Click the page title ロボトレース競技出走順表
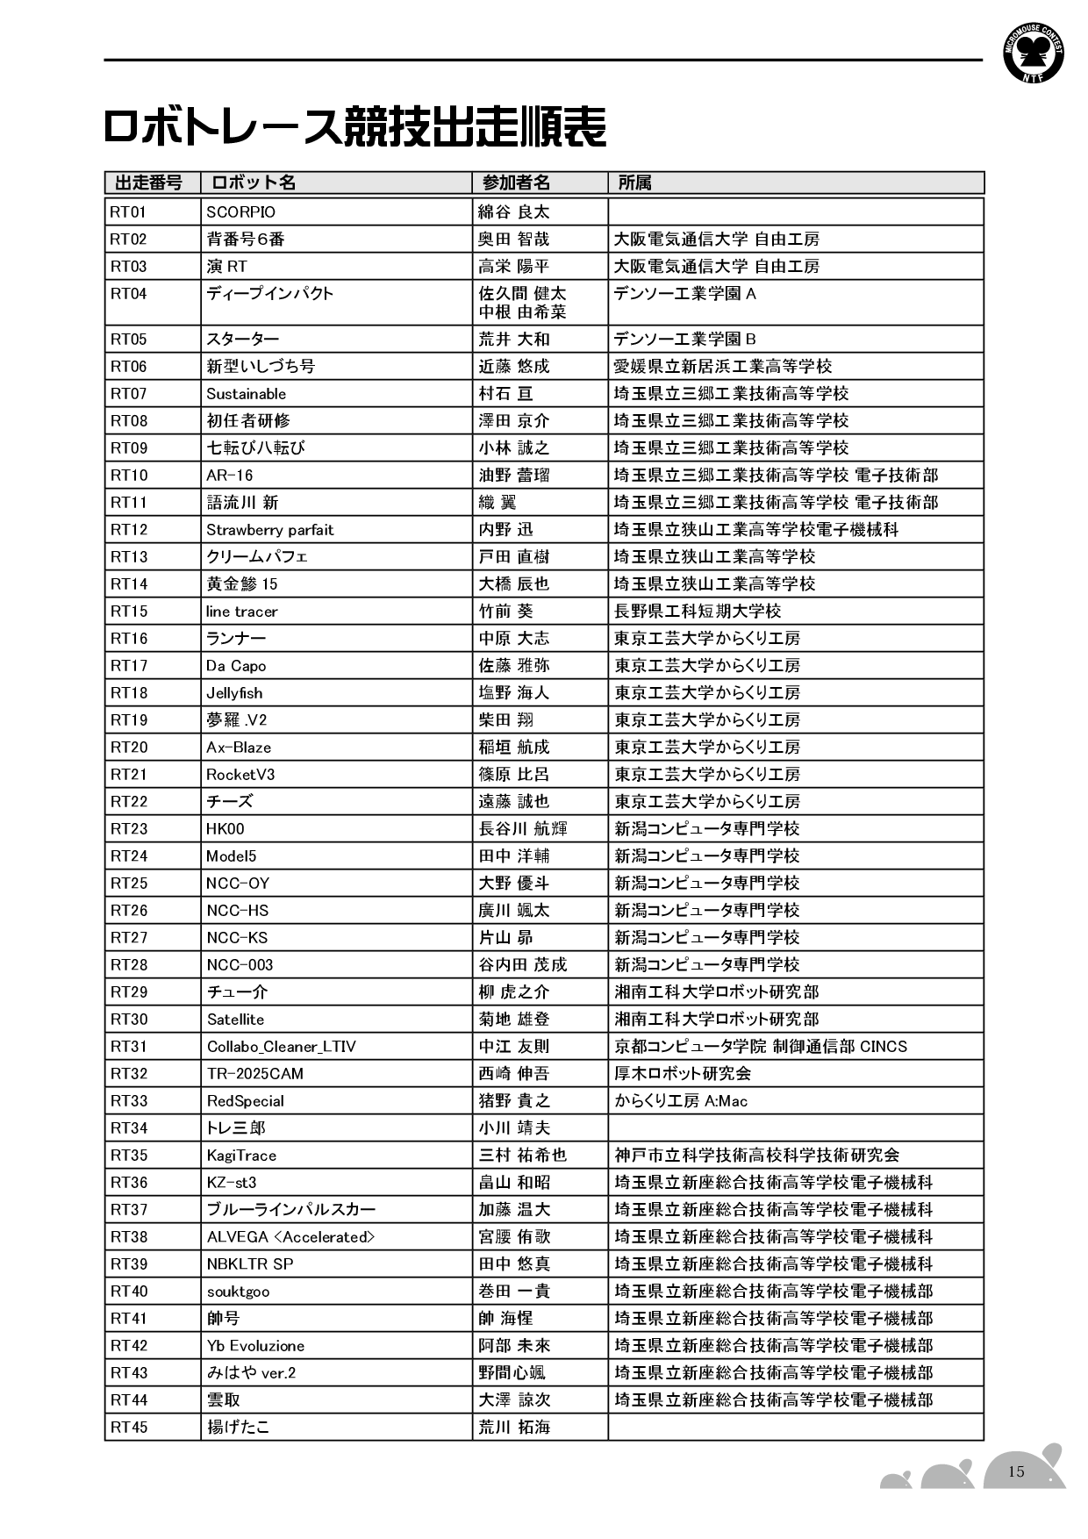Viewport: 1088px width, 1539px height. click(x=354, y=128)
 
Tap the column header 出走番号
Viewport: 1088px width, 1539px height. click(x=149, y=183)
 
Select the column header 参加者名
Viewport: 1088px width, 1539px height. click(x=516, y=183)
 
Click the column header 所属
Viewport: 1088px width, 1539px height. click(x=634, y=183)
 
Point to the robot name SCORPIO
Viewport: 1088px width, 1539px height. click(x=240, y=212)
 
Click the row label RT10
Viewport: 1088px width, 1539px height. click(x=129, y=476)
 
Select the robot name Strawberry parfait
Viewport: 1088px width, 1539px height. click(x=269, y=530)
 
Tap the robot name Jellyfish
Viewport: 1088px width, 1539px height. click(x=234, y=693)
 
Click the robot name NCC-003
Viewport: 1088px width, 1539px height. click(x=240, y=965)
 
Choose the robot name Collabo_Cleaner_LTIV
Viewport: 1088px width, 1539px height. click(x=281, y=1047)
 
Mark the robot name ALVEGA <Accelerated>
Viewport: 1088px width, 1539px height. click(x=290, y=1237)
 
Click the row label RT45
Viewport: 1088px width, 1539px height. click(x=129, y=1428)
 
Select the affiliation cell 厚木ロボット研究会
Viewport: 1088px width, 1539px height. click(x=683, y=1074)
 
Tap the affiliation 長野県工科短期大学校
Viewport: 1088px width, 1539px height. click(x=698, y=612)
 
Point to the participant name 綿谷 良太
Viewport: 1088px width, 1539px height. click(x=513, y=212)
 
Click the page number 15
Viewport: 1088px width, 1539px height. click(x=1016, y=1471)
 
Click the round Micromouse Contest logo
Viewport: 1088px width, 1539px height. click(x=1034, y=54)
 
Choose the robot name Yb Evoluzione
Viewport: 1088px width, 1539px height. click(x=255, y=1346)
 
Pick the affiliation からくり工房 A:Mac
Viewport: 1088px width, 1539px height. click(x=681, y=1101)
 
